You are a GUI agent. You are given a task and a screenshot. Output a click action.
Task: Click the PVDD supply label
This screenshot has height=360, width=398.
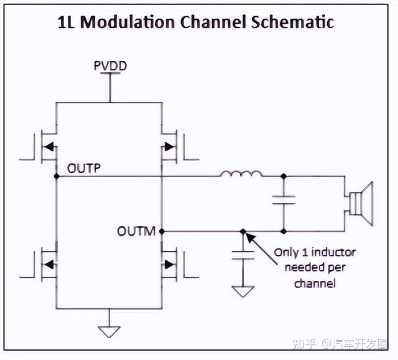[110, 66]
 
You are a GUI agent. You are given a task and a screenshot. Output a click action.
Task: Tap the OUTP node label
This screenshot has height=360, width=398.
[84, 168]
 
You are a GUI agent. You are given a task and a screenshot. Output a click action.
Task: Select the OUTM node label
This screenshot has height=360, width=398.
[136, 231]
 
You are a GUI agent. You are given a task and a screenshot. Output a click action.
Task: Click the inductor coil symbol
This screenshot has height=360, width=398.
[241, 174]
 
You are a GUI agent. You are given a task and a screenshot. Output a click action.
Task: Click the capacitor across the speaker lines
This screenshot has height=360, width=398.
[284, 200]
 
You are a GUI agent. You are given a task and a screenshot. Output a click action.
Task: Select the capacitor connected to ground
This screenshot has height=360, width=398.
[243, 255]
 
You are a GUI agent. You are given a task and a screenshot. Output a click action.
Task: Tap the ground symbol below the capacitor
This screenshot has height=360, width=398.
[243, 292]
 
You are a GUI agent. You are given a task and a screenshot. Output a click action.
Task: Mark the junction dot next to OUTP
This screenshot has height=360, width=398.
[57, 176]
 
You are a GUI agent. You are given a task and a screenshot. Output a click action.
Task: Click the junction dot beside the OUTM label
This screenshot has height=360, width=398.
[162, 231]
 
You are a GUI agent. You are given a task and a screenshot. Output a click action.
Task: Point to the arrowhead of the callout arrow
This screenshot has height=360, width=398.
[250, 238]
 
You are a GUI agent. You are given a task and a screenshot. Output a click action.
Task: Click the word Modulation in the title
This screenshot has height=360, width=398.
[127, 22]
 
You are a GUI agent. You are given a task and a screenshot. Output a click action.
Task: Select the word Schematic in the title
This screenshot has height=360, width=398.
[292, 22]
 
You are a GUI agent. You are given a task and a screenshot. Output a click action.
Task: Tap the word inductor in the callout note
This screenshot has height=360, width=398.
[333, 252]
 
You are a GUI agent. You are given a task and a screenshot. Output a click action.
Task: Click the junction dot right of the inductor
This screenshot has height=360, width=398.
[284, 176]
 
